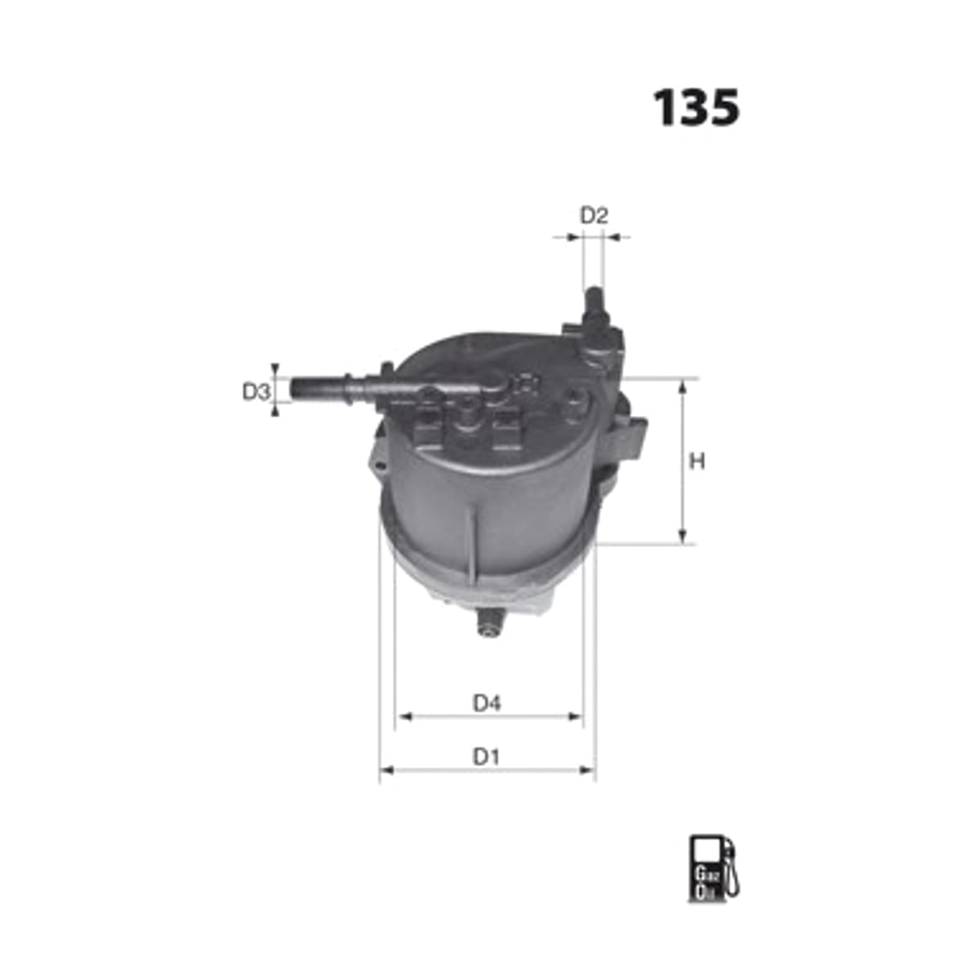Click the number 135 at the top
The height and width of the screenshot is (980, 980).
(x=695, y=107)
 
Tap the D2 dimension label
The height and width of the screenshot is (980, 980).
(x=594, y=216)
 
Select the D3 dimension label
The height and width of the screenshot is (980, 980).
(x=256, y=392)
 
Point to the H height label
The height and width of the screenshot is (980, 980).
(x=697, y=461)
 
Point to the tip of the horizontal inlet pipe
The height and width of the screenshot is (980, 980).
(x=292, y=390)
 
